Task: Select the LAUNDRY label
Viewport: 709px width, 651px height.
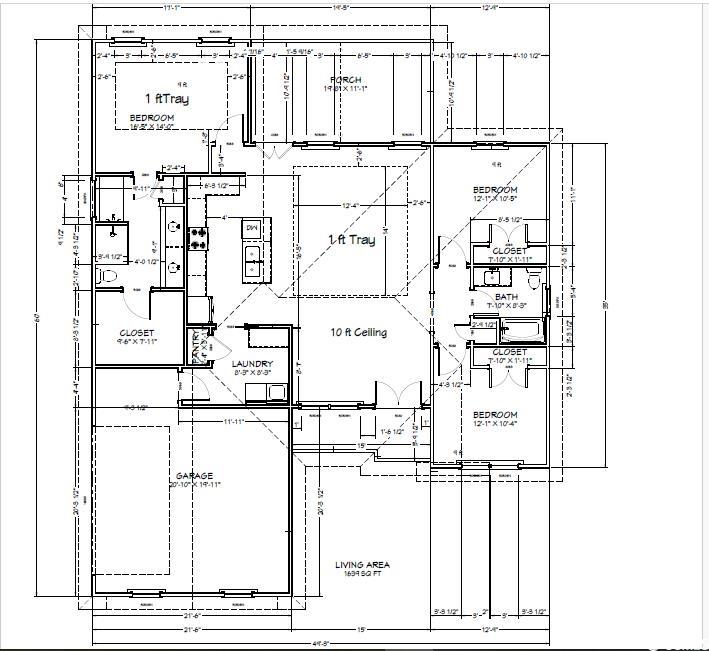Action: (251, 364)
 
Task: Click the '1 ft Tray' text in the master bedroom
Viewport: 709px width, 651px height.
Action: (166, 99)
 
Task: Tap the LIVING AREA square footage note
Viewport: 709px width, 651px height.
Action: (361, 570)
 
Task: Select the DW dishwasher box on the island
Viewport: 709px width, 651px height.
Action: (251, 228)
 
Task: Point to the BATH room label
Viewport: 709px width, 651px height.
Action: (506, 297)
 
